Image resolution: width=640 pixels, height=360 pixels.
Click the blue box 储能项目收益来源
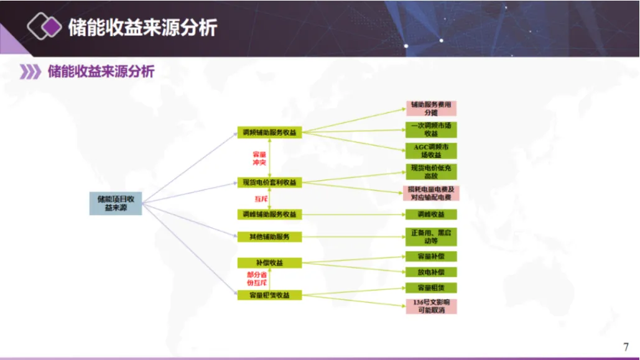pyautogui.click(x=116, y=203)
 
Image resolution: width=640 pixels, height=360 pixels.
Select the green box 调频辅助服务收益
pyautogui.click(x=269, y=133)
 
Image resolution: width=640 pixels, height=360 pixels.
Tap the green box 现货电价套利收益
pyautogui.click(x=269, y=183)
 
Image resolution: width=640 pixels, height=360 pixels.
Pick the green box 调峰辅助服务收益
pyautogui.click(x=269, y=215)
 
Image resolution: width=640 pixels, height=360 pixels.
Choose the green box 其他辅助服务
pyautogui.click(x=269, y=237)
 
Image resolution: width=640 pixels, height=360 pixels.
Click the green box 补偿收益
pyautogui.click(x=269, y=263)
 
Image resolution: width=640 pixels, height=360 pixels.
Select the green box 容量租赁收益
pyautogui.click(x=269, y=295)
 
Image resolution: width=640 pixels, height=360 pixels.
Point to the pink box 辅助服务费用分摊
pyautogui.click(x=431, y=109)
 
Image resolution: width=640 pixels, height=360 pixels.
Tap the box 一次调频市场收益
pyautogui.click(x=431, y=129)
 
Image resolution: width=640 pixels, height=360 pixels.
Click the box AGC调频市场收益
pyautogui.click(x=431, y=150)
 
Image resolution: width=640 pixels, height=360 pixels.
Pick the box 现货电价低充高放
pyautogui.click(x=431, y=172)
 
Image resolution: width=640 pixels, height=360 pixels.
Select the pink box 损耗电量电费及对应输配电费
pyautogui.click(x=431, y=193)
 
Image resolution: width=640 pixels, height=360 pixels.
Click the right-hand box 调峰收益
pyautogui.click(x=431, y=215)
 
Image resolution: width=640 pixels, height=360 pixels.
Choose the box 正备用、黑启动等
pyautogui.click(x=431, y=237)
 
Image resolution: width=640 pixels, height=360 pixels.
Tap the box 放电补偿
pyautogui.click(x=431, y=272)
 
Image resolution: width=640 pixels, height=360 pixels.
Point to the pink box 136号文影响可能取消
pyautogui.click(x=431, y=306)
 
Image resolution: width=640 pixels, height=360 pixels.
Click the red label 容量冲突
pyautogui.click(x=259, y=158)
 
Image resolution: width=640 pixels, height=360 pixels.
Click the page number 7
pyautogui.click(x=626, y=347)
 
